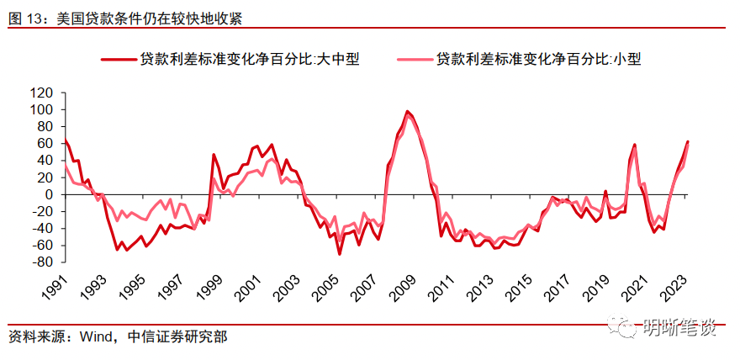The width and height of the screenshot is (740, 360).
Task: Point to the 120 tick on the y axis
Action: click(x=40, y=93)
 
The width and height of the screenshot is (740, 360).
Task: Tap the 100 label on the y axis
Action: click(x=40, y=109)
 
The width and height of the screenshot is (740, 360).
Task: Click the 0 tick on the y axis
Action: click(x=47, y=194)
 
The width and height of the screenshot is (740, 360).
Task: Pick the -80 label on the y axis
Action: click(x=40, y=262)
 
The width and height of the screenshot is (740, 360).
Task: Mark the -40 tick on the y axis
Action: click(x=40, y=228)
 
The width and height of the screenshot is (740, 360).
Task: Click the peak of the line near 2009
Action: click(x=407, y=111)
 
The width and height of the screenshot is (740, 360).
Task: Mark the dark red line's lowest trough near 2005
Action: click(x=340, y=253)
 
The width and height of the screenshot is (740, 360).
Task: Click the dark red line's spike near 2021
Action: click(x=634, y=145)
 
